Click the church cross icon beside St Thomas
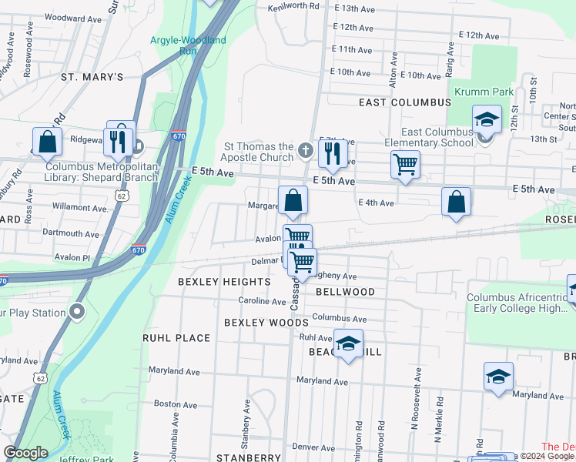click(306, 149)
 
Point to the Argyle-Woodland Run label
click(189, 45)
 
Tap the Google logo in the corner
click(25, 453)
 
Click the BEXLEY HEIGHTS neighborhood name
click(224, 282)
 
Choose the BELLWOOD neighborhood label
click(346, 292)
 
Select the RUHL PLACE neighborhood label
click(176, 337)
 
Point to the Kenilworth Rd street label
click(293, 6)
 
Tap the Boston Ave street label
click(176, 403)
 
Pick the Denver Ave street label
click(316, 447)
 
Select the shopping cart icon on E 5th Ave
click(405, 164)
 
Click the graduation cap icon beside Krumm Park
click(486, 119)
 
